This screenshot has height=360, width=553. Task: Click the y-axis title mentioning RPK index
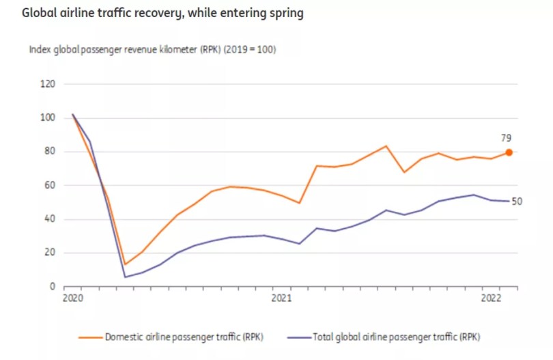[152, 50]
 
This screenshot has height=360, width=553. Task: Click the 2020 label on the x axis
[72, 299]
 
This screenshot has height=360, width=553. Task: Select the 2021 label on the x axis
[281, 299]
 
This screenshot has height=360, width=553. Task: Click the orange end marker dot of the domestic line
[509, 152]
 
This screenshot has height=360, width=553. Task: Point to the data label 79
[507, 138]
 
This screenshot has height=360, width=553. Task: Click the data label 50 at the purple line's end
[517, 202]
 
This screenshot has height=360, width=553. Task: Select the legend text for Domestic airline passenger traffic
[184, 336]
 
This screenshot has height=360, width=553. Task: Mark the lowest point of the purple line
[125, 277]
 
